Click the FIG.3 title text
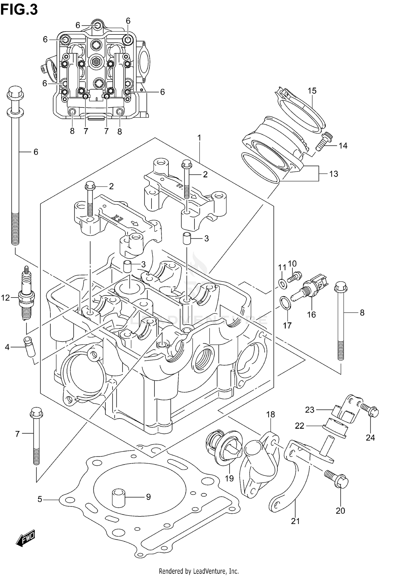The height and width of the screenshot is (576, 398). point(19,10)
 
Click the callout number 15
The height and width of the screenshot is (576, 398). point(312,91)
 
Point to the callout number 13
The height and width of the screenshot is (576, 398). point(334,174)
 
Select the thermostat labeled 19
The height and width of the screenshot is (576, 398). point(224,448)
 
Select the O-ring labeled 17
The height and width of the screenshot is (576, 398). point(285,303)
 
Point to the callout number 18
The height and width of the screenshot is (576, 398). point(271,414)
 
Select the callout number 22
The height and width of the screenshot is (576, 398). point(300,426)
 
